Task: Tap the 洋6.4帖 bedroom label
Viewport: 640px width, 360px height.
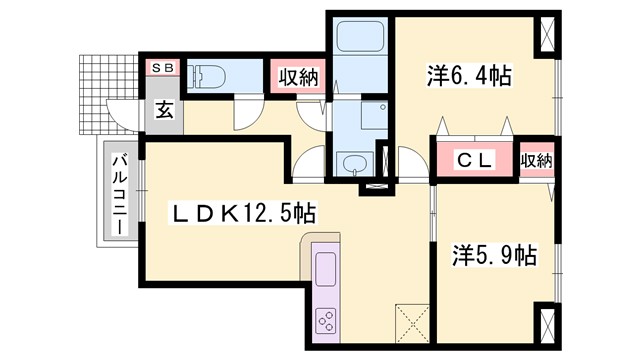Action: [x=469, y=75]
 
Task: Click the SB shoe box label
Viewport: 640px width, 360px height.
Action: [x=161, y=67]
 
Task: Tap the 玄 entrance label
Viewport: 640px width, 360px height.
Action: [x=163, y=109]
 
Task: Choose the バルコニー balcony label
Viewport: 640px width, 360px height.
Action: [x=118, y=194]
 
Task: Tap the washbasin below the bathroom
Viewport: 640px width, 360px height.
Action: [x=353, y=164]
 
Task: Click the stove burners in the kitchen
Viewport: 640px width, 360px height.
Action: [x=327, y=320]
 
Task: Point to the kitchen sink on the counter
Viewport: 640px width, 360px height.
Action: [x=326, y=269]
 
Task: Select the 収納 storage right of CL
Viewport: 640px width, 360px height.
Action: [x=536, y=160]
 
